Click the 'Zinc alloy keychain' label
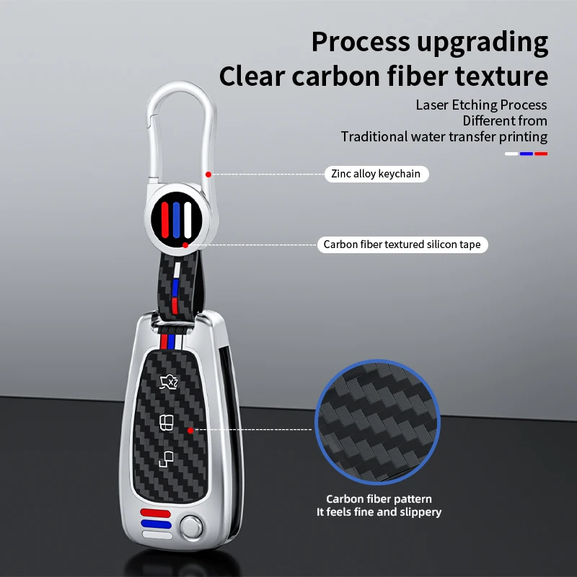tap(376, 174)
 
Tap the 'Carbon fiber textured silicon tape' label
tap(402, 245)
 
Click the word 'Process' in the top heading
tap(359, 42)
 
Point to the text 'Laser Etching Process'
tap(481, 105)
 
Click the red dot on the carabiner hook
tap(208, 174)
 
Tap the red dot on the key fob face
tap(190, 430)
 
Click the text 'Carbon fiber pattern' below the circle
tap(379, 499)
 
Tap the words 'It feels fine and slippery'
tap(379, 512)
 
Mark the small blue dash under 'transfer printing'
tap(527, 153)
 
